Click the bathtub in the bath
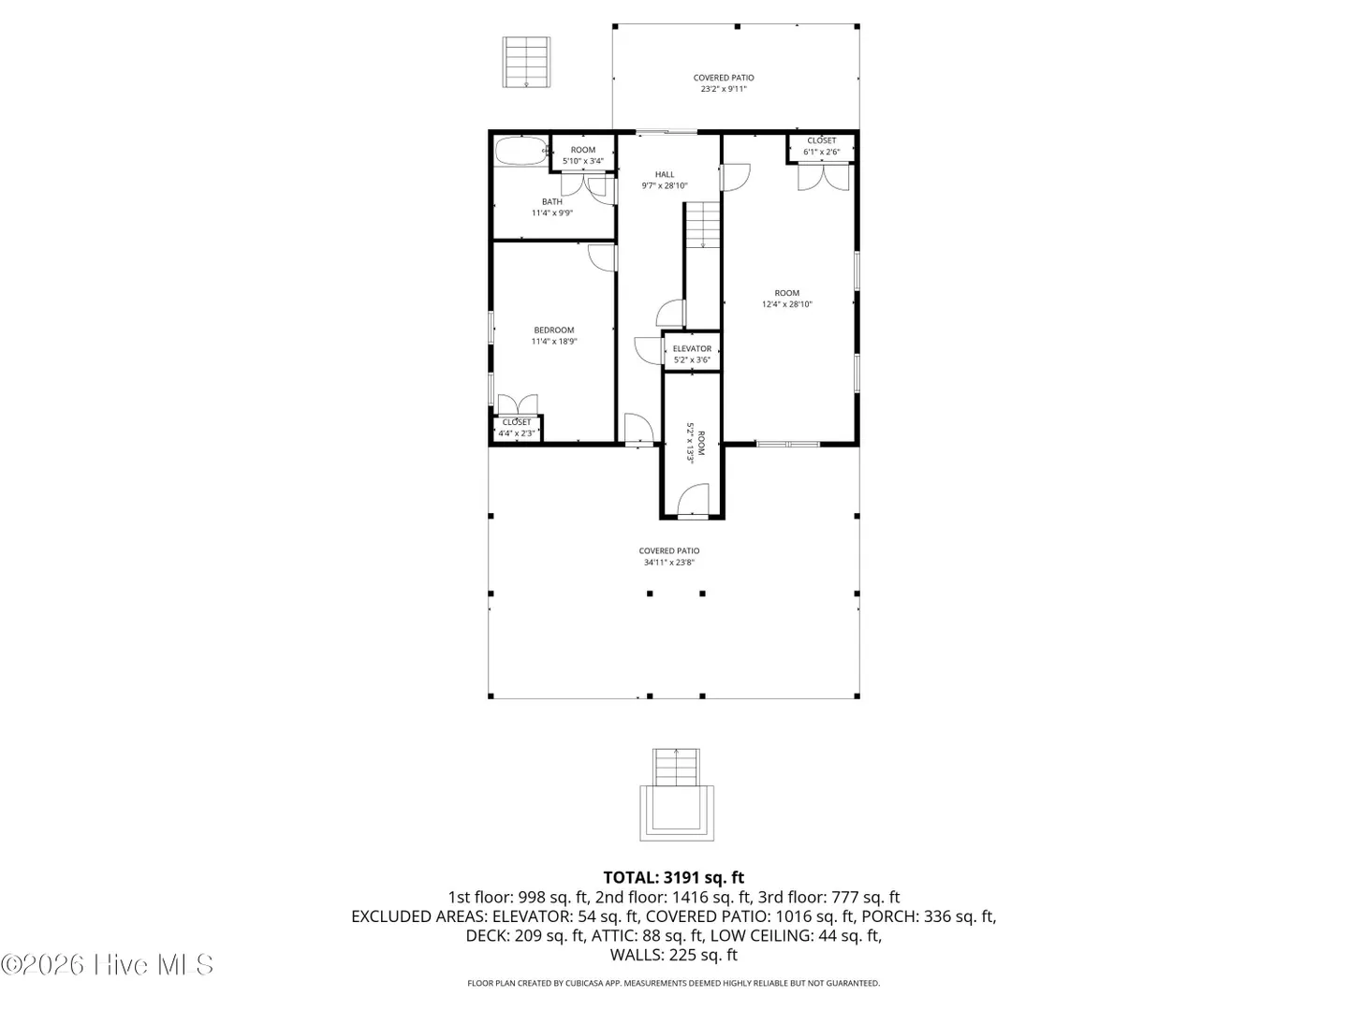pos(520,151)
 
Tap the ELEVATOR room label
pos(692,348)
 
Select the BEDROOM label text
pos(554,330)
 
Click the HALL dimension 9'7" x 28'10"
pos(665,186)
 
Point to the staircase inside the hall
pos(703,225)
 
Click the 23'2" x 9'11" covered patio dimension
pos(724,89)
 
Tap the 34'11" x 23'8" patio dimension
pos(668,563)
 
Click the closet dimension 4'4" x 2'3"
pos(517,433)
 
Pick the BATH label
pos(551,201)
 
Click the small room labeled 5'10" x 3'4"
pos(583,155)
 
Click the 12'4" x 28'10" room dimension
pos(786,304)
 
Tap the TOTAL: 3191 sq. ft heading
pos(674,877)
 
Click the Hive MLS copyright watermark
pos(107,965)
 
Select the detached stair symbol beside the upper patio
pos(526,62)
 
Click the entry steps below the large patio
pos(676,795)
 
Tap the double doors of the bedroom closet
pos(517,404)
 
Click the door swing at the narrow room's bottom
pos(693,499)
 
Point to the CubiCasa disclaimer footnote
pos(674,983)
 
